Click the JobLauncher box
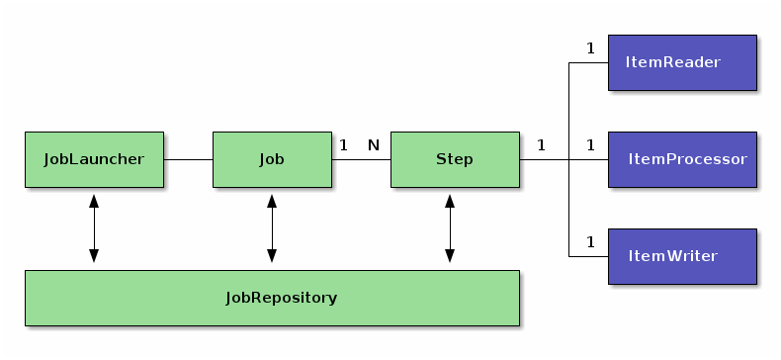pyautogui.click(x=94, y=159)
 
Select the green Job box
pyautogui.click(x=272, y=159)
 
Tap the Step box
pyautogui.click(x=455, y=159)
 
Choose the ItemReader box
pyautogui.click(x=682, y=63)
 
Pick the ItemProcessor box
pyautogui.click(x=682, y=159)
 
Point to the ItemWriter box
pyautogui.click(x=682, y=257)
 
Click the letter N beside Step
pyautogui.click(x=374, y=145)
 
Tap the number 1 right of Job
pyautogui.click(x=343, y=145)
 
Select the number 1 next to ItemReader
pyautogui.click(x=590, y=47)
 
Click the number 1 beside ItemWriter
pyautogui.click(x=590, y=241)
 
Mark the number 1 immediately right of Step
pyautogui.click(x=541, y=145)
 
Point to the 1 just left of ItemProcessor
pyautogui.click(x=590, y=145)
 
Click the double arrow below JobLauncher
pyautogui.click(x=94, y=228)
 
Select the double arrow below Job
pyautogui.click(x=272, y=228)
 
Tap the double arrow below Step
pyautogui.click(x=450, y=228)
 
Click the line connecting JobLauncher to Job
pyautogui.click(x=188, y=159)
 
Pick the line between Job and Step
pyautogui.click(x=361, y=159)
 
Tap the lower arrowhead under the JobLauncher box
pyautogui.click(x=94, y=257)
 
